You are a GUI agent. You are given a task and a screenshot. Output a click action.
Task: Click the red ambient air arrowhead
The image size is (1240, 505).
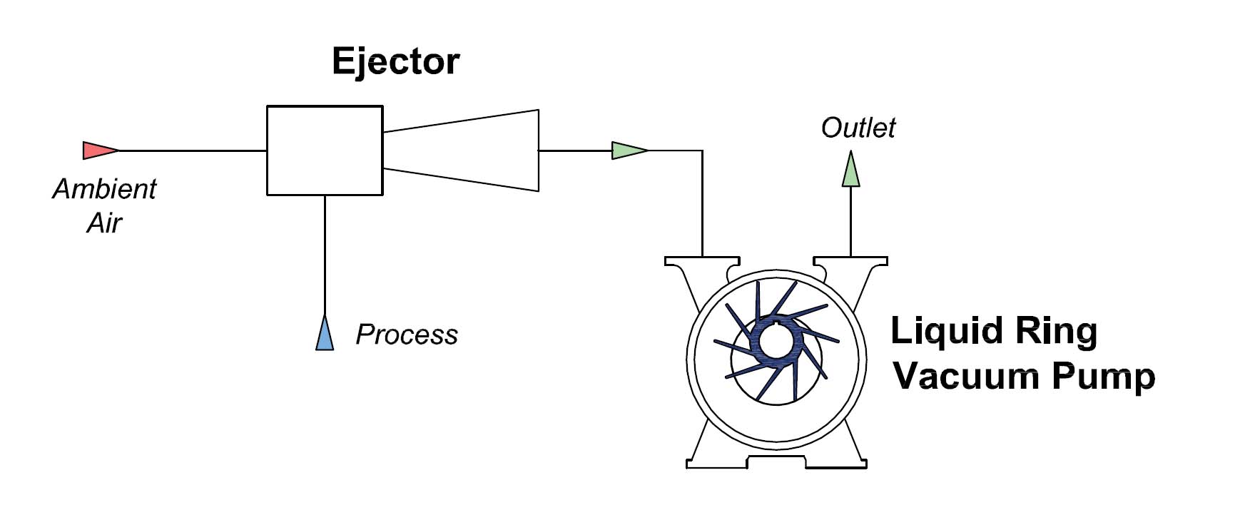coord(98,151)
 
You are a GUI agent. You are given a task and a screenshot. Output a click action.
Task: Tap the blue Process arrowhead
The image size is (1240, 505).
coord(325,335)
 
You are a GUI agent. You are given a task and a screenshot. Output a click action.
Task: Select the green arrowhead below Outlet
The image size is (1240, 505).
coord(850,170)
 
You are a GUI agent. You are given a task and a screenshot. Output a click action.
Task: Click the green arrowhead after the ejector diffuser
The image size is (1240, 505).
coord(628,151)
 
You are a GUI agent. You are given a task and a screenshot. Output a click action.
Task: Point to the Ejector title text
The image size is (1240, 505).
coord(395,61)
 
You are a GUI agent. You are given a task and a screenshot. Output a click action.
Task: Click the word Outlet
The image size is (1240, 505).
coord(858,128)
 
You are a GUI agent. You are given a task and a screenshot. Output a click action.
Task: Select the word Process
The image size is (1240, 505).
coord(406,335)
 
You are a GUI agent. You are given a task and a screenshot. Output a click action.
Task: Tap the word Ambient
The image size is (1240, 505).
coord(104,189)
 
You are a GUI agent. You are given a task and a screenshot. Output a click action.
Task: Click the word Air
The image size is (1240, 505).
coord(104,223)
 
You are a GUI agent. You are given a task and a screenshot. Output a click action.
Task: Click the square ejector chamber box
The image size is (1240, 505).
coord(325,151)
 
